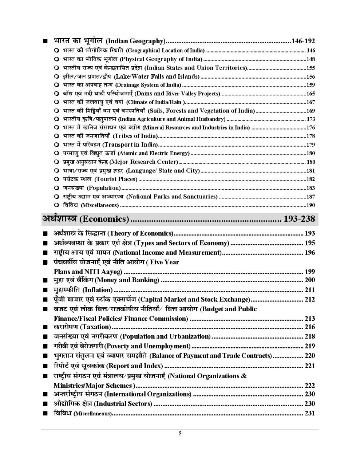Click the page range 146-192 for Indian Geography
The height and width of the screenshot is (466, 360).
click(303, 41)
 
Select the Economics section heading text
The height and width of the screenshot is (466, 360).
click(86, 219)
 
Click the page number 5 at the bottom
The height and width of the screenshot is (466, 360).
click(180, 433)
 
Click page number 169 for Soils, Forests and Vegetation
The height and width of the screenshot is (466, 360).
click(310, 111)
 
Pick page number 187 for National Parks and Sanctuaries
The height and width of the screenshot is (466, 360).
click(310, 197)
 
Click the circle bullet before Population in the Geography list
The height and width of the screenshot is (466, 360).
click(56, 188)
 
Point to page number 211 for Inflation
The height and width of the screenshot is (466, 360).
click(309, 290)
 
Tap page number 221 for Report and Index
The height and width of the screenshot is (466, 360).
click(309, 366)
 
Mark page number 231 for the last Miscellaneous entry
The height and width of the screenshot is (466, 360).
click(309, 413)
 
